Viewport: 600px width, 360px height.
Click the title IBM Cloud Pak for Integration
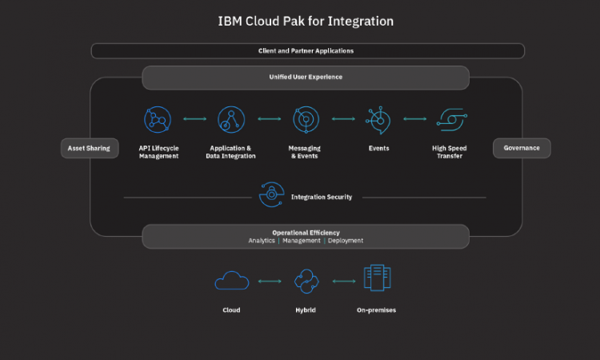pyautogui.click(x=306, y=20)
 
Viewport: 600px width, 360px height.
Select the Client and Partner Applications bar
pyautogui.click(x=307, y=50)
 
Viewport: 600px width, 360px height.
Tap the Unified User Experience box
pyautogui.click(x=306, y=78)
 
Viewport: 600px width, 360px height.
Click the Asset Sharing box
pyautogui.click(x=90, y=148)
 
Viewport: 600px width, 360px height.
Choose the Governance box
pyautogui.click(x=522, y=148)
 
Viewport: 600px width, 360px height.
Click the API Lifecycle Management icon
pyautogui.click(x=158, y=119)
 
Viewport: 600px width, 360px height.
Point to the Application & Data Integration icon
pyautogui.click(x=230, y=119)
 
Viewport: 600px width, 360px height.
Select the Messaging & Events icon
pyautogui.click(x=306, y=119)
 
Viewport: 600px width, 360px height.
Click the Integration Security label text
pyautogui.click(x=322, y=197)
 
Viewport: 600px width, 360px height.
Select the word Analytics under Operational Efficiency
pyautogui.click(x=262, y=240)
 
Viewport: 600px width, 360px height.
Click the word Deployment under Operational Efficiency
pyautogui.click(x=346, y=240)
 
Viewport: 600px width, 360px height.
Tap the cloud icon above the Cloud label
pyautogui.click(x=231, y=281)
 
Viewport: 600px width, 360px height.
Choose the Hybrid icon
pyautogui.click(x=306, y=281)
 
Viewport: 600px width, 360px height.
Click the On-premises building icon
pyautogui.click(x=377, y=279)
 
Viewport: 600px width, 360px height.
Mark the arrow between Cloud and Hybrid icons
pyautogui.click(x=269, y=282)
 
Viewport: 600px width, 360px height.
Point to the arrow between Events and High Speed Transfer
pyautogui.click(x=414, y=119)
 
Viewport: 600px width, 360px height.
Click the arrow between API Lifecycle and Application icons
pyautogui.click(x=194, y=119)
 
